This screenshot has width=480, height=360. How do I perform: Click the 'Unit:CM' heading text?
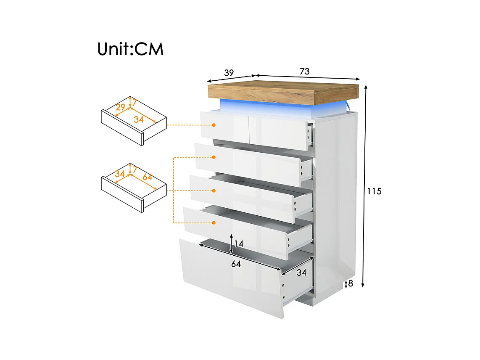tap(130, 49)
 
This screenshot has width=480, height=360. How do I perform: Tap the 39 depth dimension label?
tap(229, 73)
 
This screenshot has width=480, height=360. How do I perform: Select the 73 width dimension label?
tap(304, 71)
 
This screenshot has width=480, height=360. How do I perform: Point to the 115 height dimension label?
tap(374, 191)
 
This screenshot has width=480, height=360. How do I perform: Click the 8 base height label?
tap(351, 283)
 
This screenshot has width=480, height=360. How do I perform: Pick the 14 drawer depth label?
tap(239, 244)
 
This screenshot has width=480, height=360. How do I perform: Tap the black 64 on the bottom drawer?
tap(236, 264)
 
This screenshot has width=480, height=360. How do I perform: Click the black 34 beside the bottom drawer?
tap(301, 273)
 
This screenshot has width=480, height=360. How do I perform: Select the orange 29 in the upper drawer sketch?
tap(121, 108)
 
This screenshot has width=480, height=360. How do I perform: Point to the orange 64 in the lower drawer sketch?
tap(147, 177)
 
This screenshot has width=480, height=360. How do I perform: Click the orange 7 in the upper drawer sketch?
tap(135, 101)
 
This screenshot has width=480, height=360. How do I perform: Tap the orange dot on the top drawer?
tap(214, 125)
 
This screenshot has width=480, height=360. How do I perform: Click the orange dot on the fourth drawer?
tap(214, 223)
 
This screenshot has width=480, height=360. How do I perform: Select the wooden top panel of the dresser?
tap(284, 93)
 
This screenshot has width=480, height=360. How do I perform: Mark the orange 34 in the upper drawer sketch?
tap(139, 119)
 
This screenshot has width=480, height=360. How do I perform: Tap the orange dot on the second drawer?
tap(214, 157)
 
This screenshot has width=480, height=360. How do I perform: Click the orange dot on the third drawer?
tap(214, 191)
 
